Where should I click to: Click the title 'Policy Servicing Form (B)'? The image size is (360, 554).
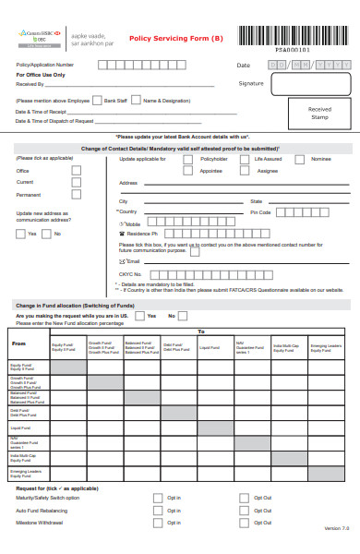point(175,39)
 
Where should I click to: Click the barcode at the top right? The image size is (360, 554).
point(293,36)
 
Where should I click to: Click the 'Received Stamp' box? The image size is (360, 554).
point(319,113)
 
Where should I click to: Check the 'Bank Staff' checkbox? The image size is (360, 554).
point(98,100)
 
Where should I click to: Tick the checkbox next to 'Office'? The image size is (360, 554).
point(77,170)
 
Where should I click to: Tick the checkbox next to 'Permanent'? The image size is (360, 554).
point(77,195)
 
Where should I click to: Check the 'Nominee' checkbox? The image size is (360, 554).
point(300,159)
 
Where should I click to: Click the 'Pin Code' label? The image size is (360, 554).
point(260,212)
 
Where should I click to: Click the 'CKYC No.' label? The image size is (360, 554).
point(130,274)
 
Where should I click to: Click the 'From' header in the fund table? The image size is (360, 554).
point(18,343)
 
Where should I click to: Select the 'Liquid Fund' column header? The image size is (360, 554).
point(210,348)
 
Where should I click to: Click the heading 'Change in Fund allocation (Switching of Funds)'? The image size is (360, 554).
point(72,305)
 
